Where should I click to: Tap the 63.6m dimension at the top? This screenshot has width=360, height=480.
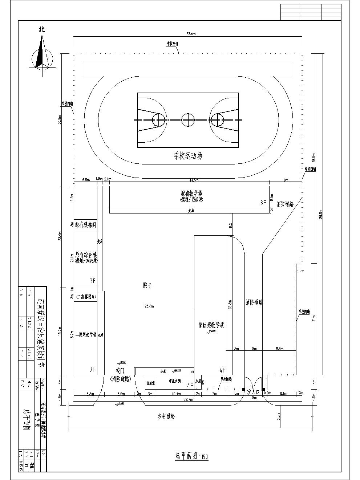tap(191, 34)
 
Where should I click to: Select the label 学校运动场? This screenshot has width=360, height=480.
tap(187, 156)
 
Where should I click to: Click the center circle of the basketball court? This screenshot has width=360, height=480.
tap(188, 119)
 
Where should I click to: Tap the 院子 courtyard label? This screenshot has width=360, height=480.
tap(147, 286)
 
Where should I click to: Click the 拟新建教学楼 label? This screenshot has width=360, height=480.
tap(211, 325)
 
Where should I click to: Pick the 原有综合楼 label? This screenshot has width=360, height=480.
tap(86, 254)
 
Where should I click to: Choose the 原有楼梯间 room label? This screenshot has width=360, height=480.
tap(85, 225)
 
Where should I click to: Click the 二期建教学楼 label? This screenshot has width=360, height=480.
tap(86, 334)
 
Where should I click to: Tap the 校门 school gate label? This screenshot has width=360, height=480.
tap(120, 371)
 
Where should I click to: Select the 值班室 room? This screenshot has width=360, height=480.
tap(150, 383)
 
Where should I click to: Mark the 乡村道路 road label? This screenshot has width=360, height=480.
tap(166, 416)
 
